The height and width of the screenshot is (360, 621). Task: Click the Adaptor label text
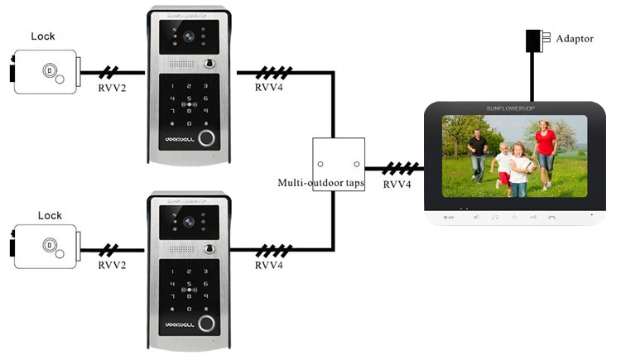(575, 39)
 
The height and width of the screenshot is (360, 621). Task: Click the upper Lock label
(43, 36)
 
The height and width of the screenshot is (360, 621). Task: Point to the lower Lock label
(49, 215)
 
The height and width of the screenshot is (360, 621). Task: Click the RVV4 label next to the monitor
(397, 185)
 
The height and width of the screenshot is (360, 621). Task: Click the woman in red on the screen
(545, 146)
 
